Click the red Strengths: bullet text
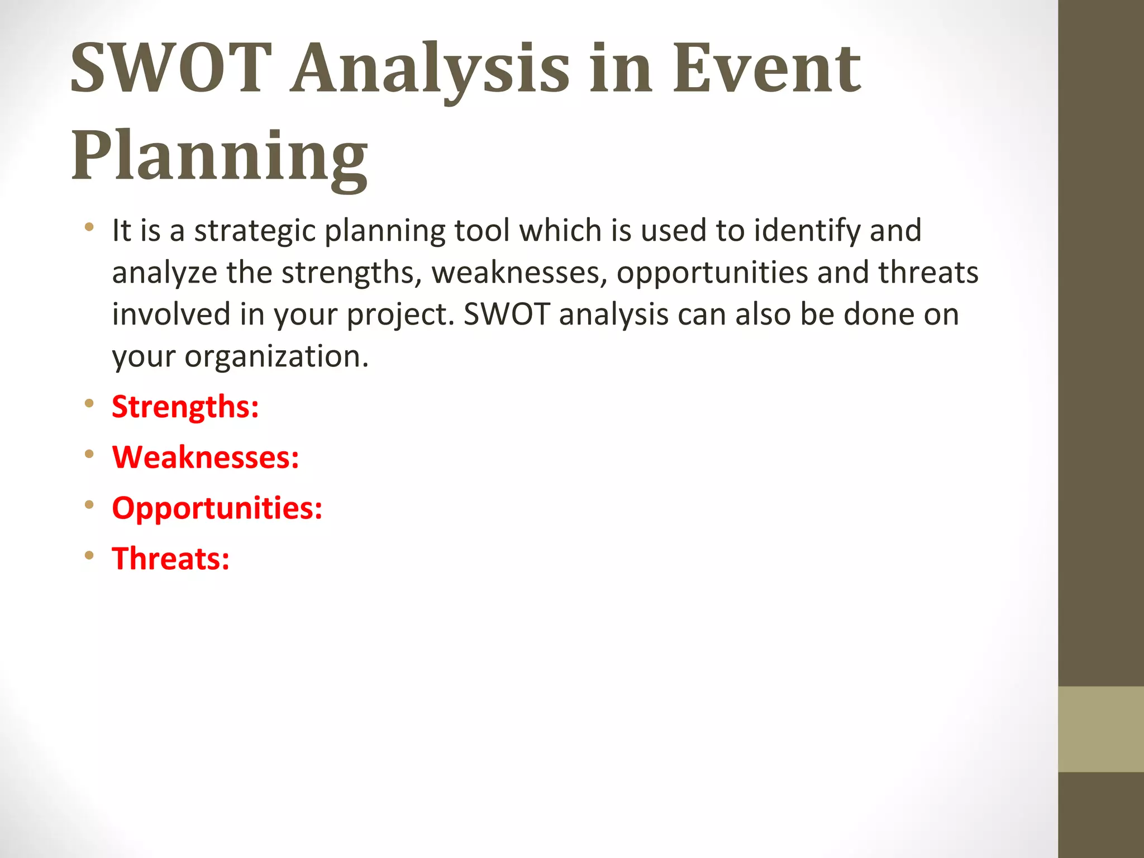click(x=185, y=407)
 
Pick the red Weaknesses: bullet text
click(x=206, y=457)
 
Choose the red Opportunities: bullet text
click(x=217, y=508)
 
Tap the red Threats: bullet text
click(x=171, y=559)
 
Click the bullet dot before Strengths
click(x=89, y=403)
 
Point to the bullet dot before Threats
click(x=89, y=555)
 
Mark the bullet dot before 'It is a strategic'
click(x=89, y=227)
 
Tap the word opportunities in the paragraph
click(x=712, y=273)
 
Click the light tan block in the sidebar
click(x=1100, y=729)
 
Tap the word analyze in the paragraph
click(x=164, y=273)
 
